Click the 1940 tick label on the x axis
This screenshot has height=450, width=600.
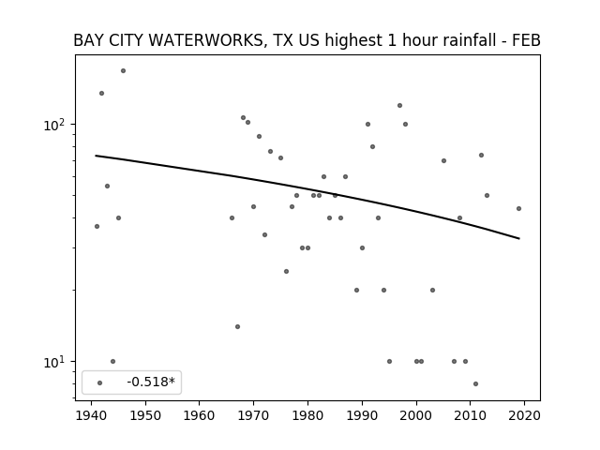coord(91,415)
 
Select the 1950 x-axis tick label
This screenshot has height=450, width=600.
coord(145,415)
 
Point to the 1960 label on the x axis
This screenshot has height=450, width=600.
coord(200,415)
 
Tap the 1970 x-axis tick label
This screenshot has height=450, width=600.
coord(253,415)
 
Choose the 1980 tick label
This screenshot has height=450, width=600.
coord(307,415)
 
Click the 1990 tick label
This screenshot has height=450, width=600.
coord(362,415)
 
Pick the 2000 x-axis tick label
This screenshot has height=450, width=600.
coord(416,415)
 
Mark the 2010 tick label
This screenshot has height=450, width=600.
coord(470,415)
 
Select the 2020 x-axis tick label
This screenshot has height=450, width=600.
coord(524,415)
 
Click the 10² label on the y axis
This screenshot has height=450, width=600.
coord(54,125)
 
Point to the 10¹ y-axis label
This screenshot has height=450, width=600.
coord(54,362)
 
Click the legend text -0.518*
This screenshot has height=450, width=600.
coord(151,382)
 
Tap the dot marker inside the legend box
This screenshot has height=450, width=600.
coord(100,383)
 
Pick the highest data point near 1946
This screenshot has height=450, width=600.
coord(123,71)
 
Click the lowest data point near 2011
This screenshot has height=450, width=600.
coord(475,383)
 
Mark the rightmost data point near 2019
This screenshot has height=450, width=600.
coord(518,208)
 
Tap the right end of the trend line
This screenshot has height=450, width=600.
coord(519,239)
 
